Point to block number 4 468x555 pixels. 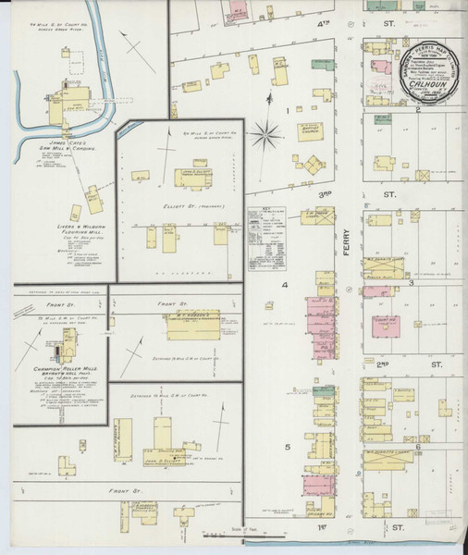[286, 285]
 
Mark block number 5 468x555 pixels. [287, 448]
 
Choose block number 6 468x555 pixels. [418, 447]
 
